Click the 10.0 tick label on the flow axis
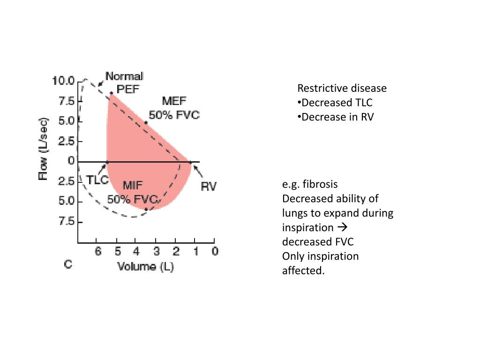(63, 81)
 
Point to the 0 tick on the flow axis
(71, 161)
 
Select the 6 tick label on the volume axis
(98, 251)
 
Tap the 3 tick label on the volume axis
(157, 251)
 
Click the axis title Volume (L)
(143, 266)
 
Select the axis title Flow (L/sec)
(43, 149)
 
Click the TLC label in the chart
(97, 180)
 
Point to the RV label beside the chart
(209, 187)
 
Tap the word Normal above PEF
(124, 76)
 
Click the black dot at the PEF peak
(111, 93)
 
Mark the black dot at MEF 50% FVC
(146, 123)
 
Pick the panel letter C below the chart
(68, 265)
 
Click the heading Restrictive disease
(342, 88)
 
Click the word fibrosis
(321, 184)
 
